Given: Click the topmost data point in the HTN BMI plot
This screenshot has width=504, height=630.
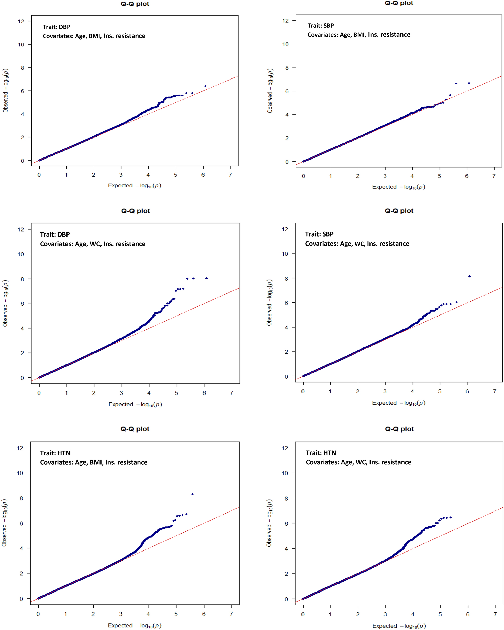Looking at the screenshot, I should click(192, 494).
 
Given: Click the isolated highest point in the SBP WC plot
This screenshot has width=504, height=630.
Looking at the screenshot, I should click(469, 277).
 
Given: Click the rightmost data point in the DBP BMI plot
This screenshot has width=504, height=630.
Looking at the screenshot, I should click(205, 86).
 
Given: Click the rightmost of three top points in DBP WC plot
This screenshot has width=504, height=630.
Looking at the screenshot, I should click(207, 278).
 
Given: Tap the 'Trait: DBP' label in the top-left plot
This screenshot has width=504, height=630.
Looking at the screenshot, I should click(56, 27).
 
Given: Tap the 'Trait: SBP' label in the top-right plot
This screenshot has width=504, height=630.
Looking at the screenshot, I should click(321, 26).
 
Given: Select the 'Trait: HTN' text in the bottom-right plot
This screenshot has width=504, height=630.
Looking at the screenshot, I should click(321, 453).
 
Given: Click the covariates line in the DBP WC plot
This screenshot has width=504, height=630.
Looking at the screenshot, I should click(92, 244).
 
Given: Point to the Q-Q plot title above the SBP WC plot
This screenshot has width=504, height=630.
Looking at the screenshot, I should click(399, 211).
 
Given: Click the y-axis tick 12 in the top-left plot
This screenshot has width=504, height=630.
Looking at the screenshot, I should click(21, 21).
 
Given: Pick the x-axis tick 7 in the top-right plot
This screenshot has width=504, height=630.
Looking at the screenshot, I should click(494, 176).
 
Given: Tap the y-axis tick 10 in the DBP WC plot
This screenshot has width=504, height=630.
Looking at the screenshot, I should click(21, 254).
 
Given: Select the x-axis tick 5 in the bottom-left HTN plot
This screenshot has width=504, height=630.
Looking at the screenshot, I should click(176, 614).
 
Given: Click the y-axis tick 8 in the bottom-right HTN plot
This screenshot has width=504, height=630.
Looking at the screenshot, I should click(286, 498).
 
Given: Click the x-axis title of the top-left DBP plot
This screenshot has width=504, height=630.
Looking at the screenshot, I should click(135, 185).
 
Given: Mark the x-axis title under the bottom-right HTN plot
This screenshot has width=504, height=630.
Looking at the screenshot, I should click(399, 626).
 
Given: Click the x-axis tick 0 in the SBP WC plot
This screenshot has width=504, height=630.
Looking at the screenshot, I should click(303, 391).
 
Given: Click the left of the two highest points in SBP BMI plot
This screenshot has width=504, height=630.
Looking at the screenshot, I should click(456, 83).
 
